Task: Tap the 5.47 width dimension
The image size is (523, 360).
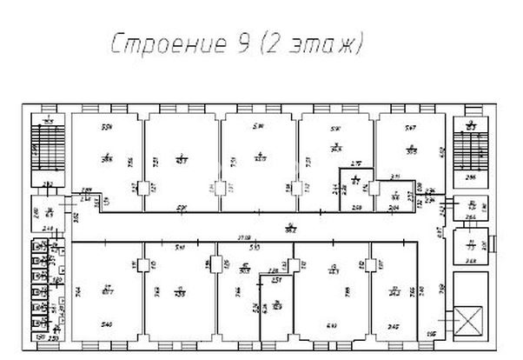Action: click(x=409, y=128)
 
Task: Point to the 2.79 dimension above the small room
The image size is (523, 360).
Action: click(x=354, y=163)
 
